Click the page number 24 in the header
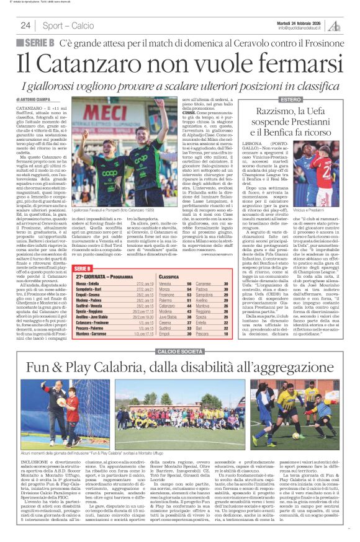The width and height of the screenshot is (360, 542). point(25,25)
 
